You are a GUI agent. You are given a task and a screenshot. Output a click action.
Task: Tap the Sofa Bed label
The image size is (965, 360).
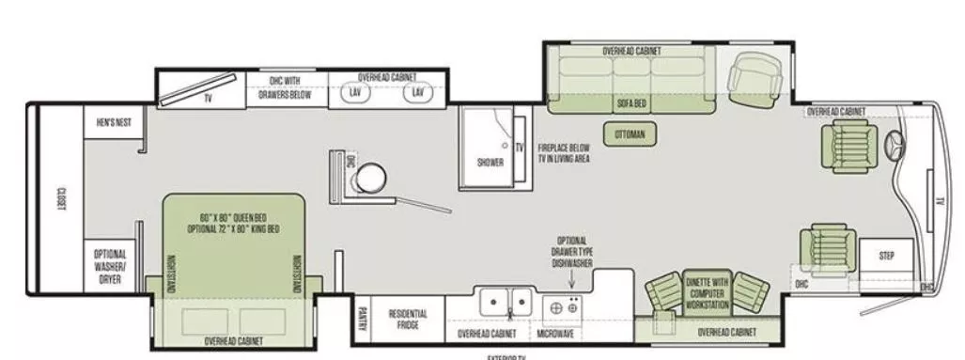(x=630, y=103)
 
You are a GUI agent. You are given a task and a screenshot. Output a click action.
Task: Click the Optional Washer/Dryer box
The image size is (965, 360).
(x=110, y=266)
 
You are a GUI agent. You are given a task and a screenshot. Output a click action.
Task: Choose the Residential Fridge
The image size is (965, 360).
(x=409, y=319)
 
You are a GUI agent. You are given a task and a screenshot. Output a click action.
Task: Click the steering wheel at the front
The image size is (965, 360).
(x=893, y=148)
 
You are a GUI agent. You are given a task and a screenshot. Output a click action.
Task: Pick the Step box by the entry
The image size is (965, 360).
(x=886, y=256)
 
